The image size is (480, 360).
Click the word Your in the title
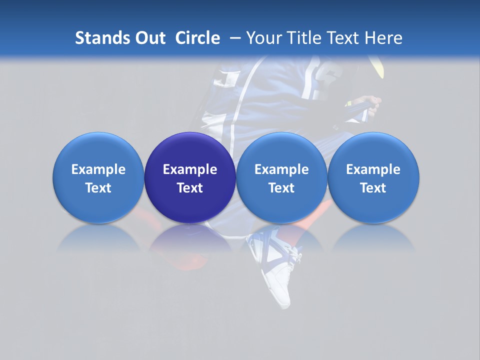point(262,38)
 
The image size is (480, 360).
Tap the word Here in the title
point(383,38)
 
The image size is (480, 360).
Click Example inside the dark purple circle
point(190,169)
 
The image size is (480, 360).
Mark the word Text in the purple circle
point(190,188)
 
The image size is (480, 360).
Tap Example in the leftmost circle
point(98,169)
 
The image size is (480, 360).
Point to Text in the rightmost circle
point(373,188)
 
